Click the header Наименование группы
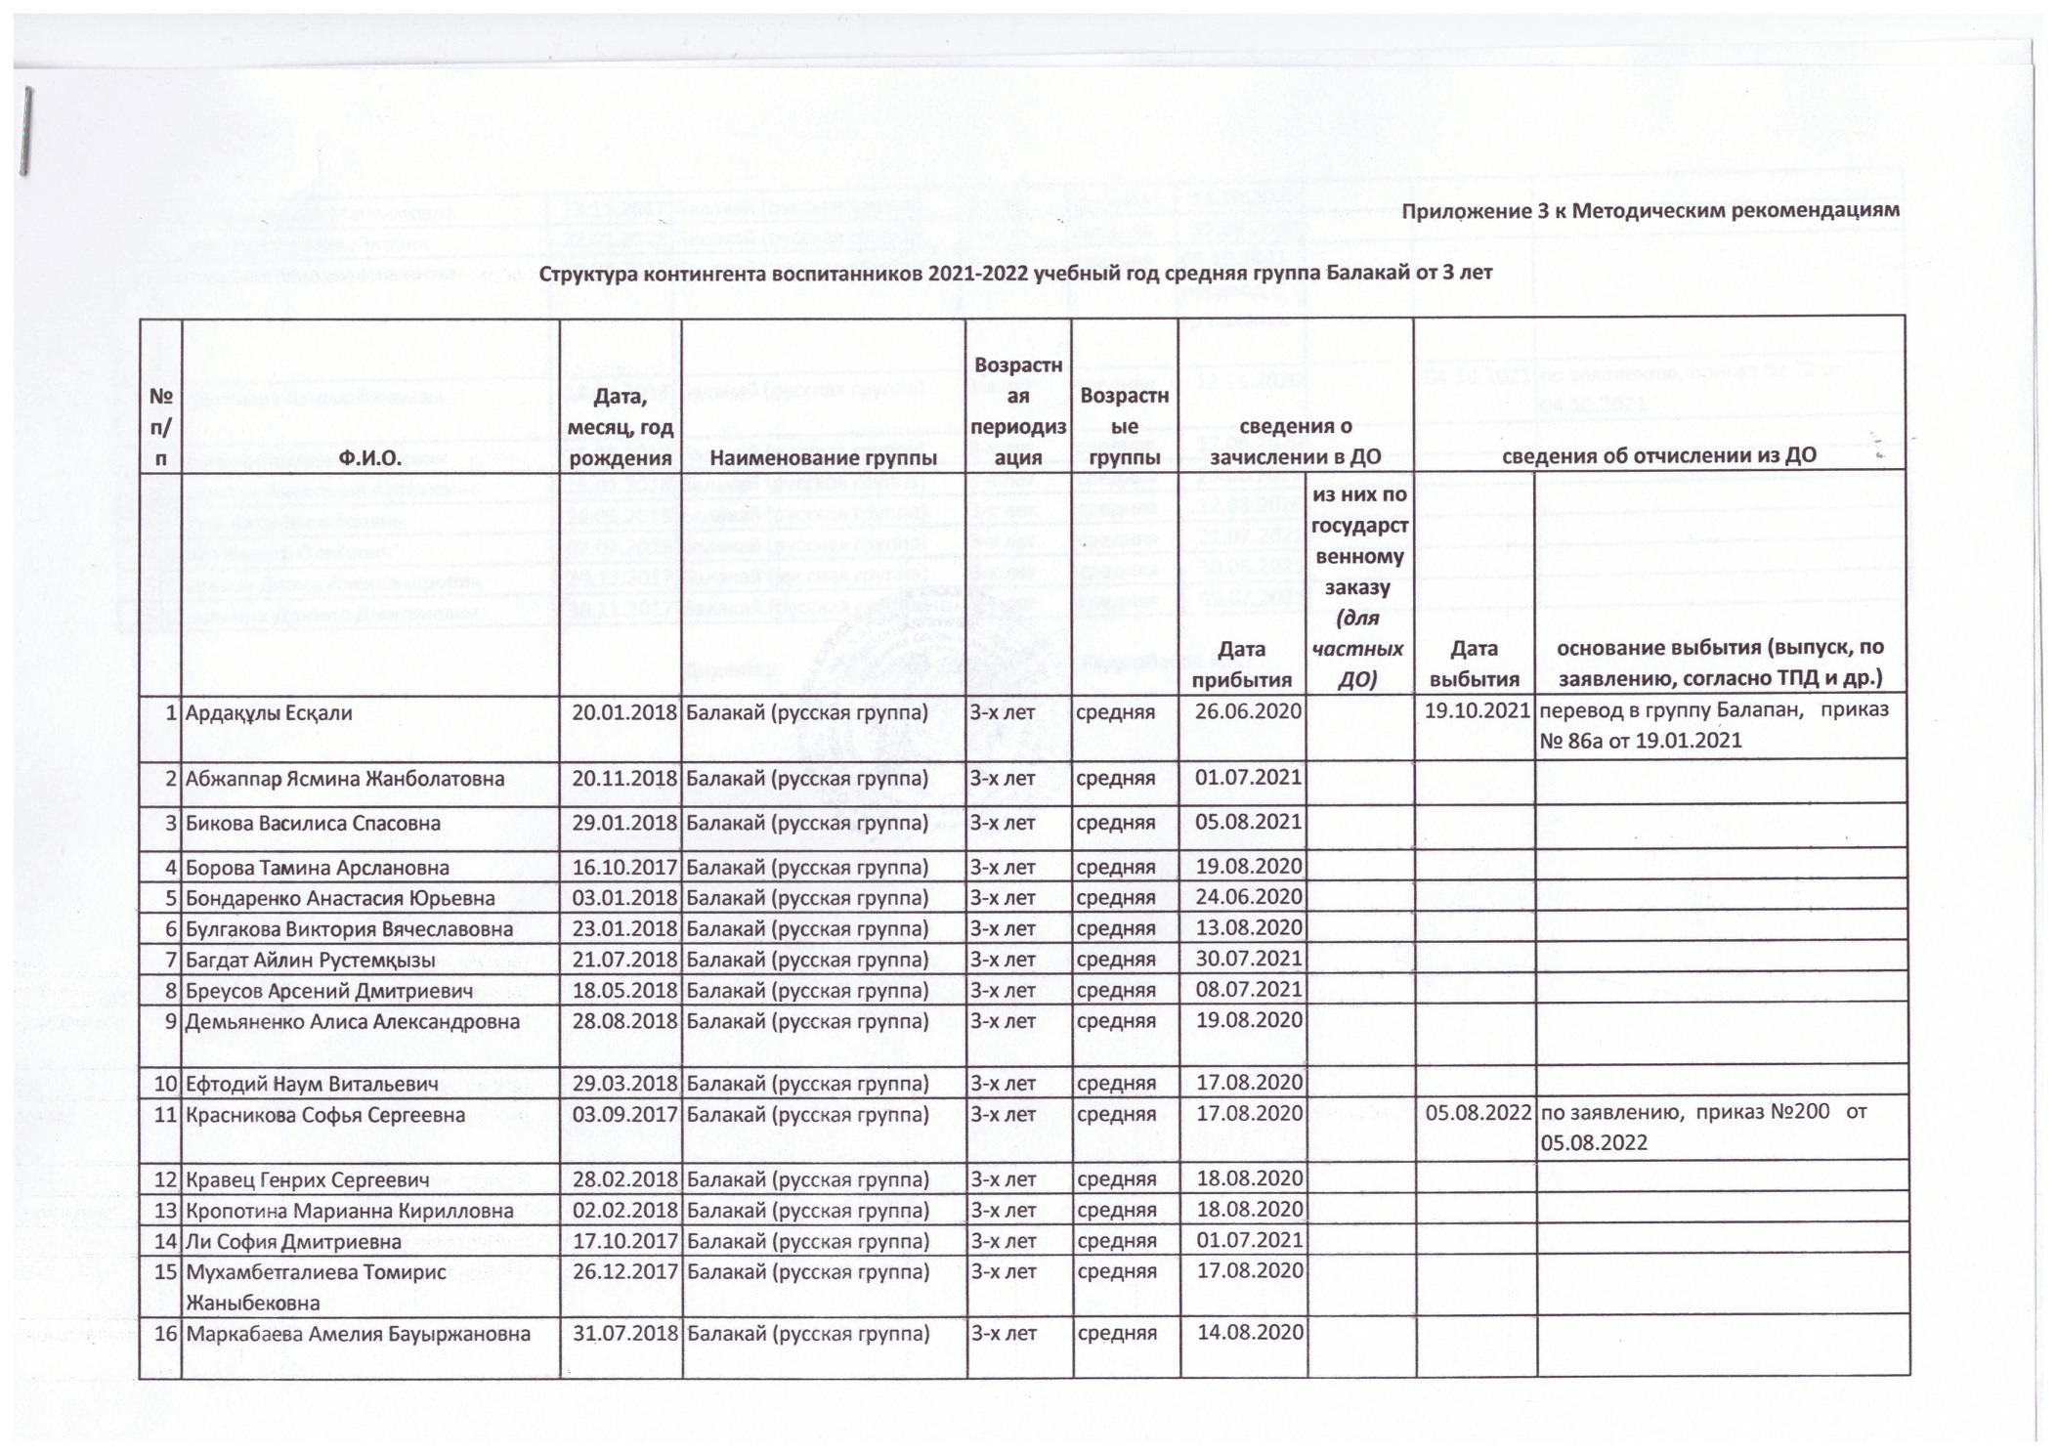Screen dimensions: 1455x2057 pos(823,455)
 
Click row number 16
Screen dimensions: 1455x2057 pos(165,1333)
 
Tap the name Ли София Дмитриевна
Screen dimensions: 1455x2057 pos(293,1242)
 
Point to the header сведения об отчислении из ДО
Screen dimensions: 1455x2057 pos(1658,455)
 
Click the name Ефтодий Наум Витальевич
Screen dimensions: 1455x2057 pos(311,1083)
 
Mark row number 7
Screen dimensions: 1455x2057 pos(170,960)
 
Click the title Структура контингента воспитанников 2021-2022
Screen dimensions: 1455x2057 pos(1015,273)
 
